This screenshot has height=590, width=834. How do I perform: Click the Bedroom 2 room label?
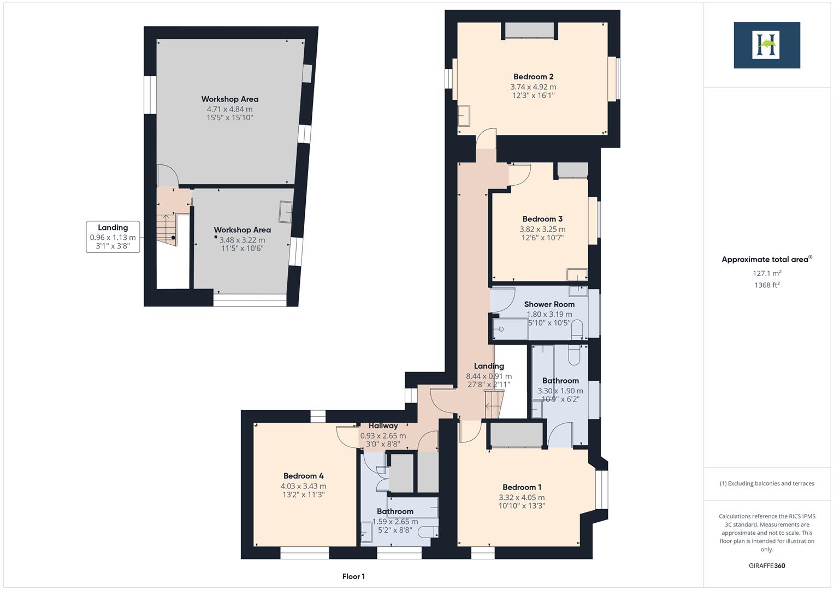click(x=533, y=77)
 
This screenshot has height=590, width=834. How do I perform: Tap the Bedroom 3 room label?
click(x=542, y=219)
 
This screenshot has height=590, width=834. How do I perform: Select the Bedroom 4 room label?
click(x=303, y=476)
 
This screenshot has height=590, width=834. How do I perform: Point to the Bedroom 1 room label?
click(x=522, y=487)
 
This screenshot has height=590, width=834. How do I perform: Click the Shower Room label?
click(x=549, y=304)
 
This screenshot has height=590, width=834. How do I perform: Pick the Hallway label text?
click(x=383, y=426)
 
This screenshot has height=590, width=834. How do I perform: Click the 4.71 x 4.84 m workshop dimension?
click(x=229, y=109)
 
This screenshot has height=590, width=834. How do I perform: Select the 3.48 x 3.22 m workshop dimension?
click(x=242, y=240)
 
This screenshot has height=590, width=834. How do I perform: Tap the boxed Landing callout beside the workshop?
click(x=113, y=237)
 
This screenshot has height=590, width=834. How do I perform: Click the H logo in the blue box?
click(x=766, y=45)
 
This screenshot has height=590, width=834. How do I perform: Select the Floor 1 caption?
click(x=353, y=576)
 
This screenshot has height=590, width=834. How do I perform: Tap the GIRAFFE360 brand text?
click(x=767, y=565)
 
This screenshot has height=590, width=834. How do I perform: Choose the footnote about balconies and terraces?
click(x=767, y=483)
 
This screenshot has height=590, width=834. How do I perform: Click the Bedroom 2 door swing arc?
click(x=486, y=139)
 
